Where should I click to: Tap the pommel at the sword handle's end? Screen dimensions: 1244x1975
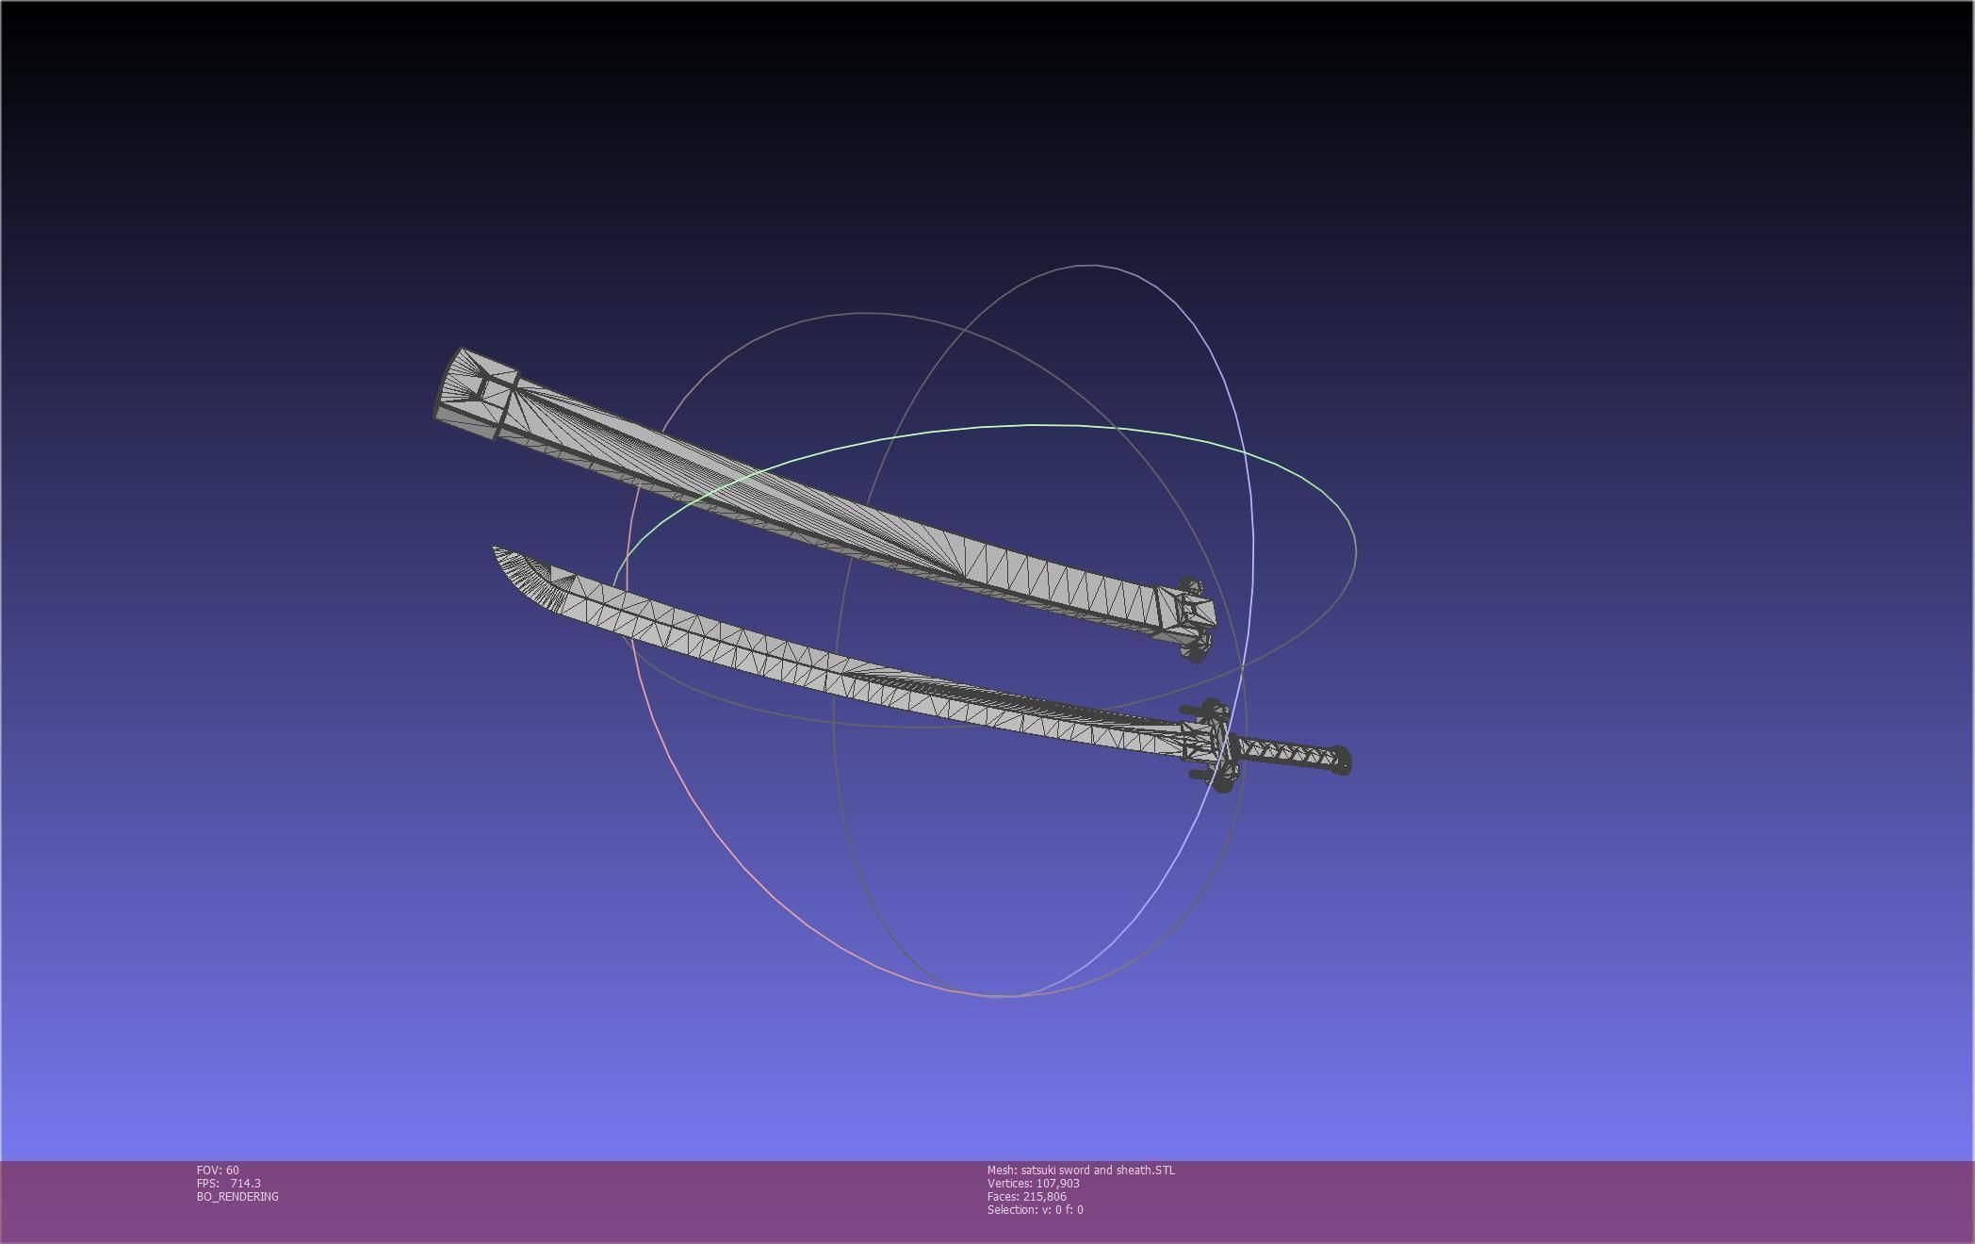(1342, 761)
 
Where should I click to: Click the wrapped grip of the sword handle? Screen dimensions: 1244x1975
(1285, 753)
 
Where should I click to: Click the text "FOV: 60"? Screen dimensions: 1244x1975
(218, 1170)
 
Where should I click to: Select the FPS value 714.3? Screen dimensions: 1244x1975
(245, 1184)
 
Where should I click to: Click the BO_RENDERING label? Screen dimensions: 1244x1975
(237, 1197)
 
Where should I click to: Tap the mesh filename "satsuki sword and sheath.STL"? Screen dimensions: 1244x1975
(1098, 1170)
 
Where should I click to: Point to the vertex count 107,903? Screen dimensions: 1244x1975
(1057, 1184)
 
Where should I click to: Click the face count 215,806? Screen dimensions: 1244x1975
(1044, 1197)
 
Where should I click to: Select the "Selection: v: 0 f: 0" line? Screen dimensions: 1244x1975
(1035, 1210)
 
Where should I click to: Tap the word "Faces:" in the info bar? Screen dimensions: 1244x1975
(1003, 1197)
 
